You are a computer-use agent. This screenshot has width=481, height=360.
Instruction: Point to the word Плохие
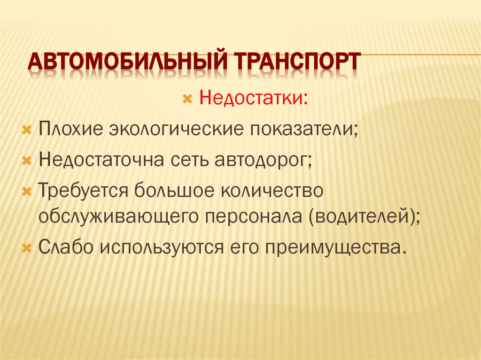pyautogui.click(x=71, y=130)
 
